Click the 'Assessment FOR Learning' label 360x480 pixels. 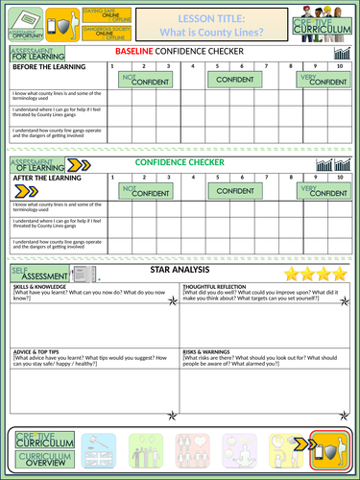(x=34, y=54)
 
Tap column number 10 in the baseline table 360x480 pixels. (x=342, y=67)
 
